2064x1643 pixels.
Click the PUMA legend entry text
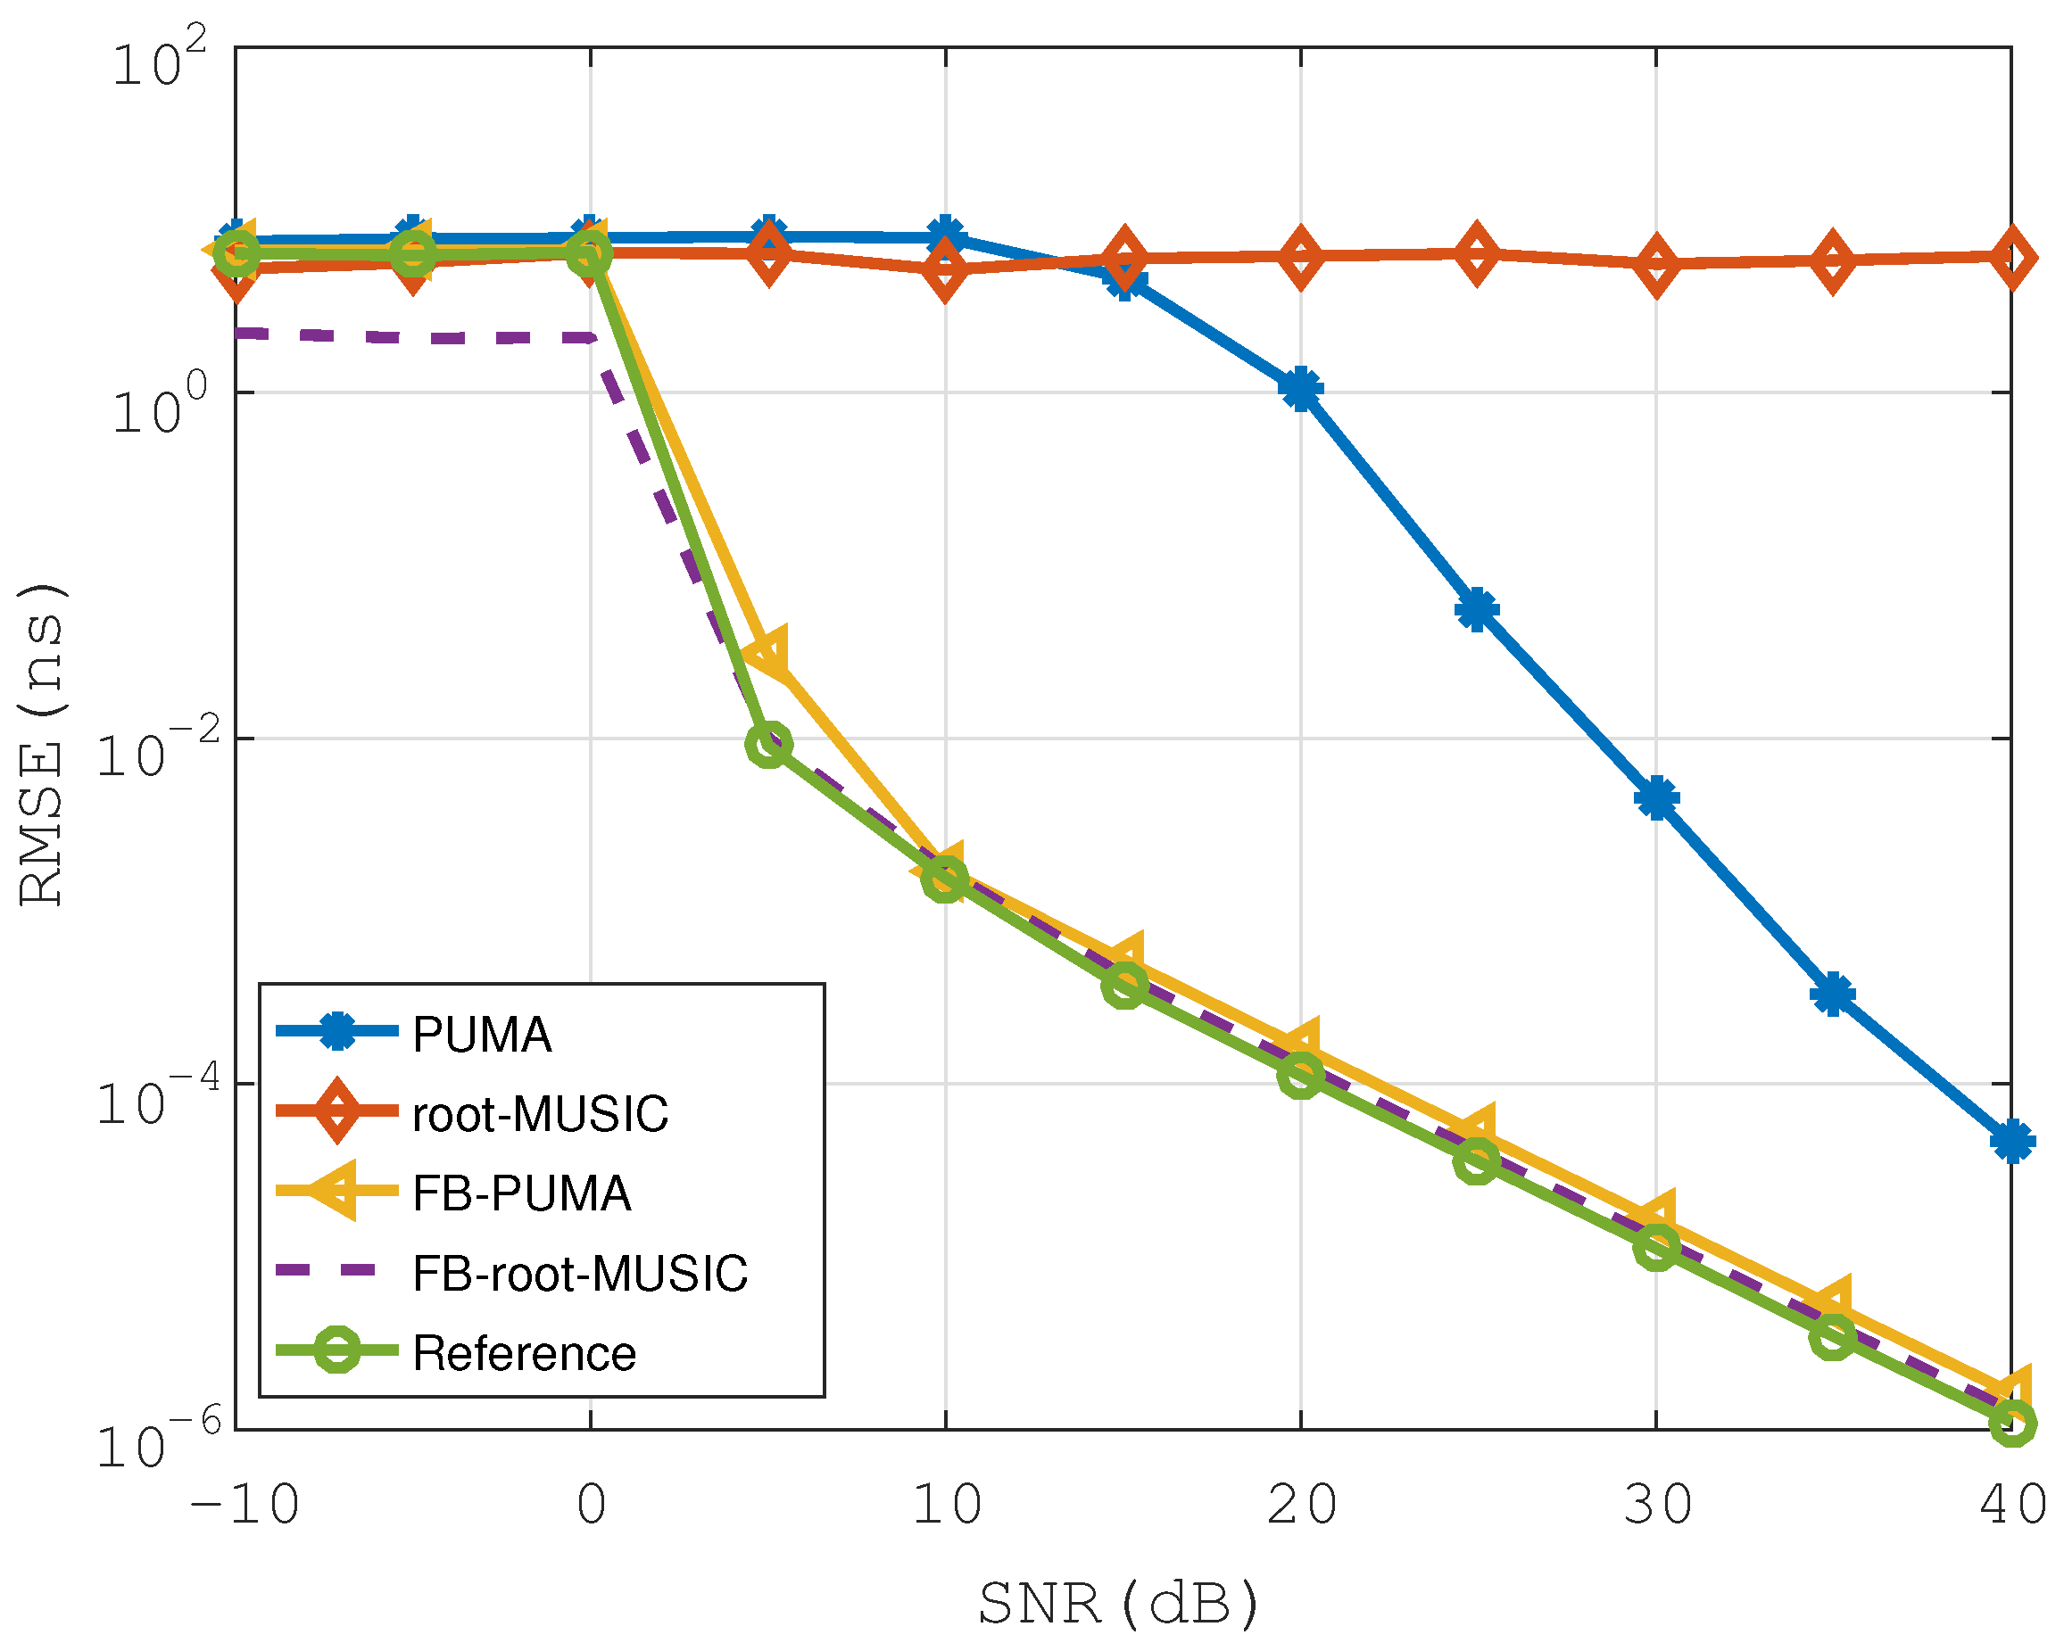[x=482, y=1035]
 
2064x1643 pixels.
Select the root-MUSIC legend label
[x=539, y=1114]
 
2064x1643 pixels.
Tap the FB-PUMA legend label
[x=521, y=1193]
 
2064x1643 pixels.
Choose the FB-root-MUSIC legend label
[x=579, y=1274]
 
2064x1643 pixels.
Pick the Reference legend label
[x=524, y=1353]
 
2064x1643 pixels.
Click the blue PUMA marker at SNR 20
[x=1300, y=389]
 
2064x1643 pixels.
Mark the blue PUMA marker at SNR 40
[x=2011, y=1142]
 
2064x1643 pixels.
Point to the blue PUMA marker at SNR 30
[x=1656, y=797]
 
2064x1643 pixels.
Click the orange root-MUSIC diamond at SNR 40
[x=2011, y=258]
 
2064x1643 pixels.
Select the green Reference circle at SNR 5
[x=767, y=744]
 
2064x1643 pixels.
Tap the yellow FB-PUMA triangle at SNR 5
[x=767, y=656]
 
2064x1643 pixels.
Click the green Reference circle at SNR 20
[x=1300, y=1076]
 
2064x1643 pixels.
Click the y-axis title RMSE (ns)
[x=42, y=744]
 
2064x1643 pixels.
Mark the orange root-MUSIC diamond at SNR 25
[x=1477, y=254]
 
